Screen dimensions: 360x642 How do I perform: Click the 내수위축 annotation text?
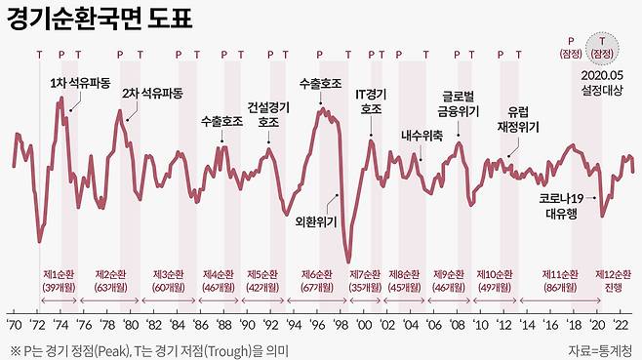pyautogui.click(x=421, y=136)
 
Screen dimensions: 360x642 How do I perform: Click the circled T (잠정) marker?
pyautogui.click(x=603, y=46)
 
